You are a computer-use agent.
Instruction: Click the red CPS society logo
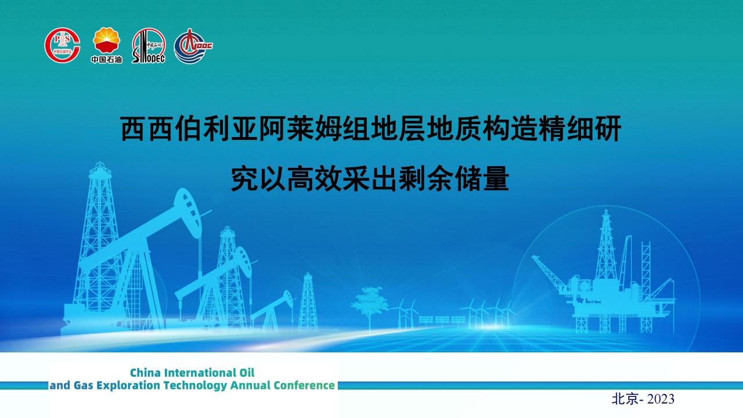62,45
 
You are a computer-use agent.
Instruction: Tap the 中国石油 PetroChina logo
106,45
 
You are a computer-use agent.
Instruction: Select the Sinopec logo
148,45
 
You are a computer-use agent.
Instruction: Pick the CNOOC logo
193,46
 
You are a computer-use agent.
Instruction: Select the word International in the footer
200,373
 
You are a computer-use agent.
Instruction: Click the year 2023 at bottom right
661,399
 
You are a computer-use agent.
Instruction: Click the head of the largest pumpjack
187,213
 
